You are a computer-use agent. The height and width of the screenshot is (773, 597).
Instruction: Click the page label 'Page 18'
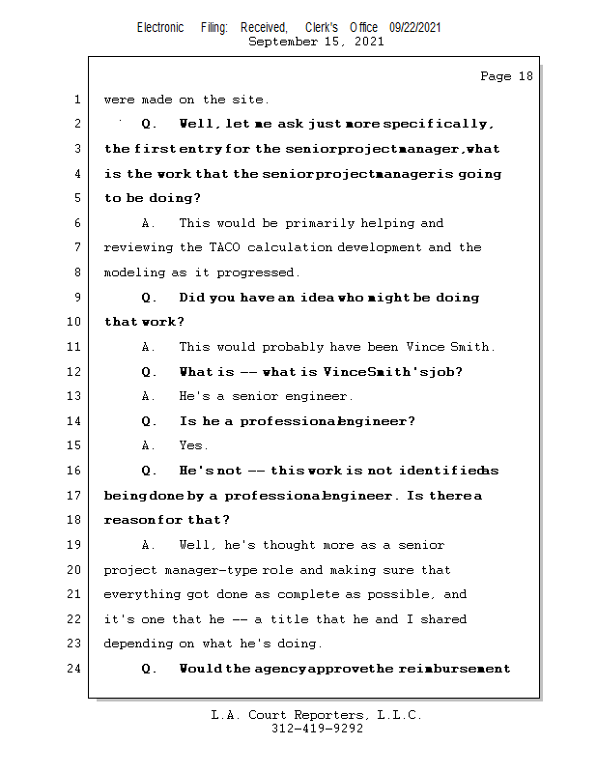(506, 76)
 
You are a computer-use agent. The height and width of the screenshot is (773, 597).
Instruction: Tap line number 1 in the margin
(76, 100)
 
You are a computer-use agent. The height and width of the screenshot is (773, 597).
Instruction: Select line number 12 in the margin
(74, 371)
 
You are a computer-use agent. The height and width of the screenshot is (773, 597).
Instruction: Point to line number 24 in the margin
(74, 668)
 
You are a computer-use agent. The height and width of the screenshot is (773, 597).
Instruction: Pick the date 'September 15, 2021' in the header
(316, 42)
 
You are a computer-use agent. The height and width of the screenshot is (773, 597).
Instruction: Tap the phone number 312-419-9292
(317, 729)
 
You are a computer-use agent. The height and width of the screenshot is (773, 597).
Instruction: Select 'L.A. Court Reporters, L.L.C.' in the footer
(317, 715)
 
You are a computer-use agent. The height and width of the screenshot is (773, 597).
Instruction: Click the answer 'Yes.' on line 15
(193, 445)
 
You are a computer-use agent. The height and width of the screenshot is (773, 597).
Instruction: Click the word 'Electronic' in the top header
(160, 28)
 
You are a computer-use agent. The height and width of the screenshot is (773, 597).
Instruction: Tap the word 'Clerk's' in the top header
(321, 28)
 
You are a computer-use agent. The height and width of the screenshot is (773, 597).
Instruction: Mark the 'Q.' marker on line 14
(149, 421)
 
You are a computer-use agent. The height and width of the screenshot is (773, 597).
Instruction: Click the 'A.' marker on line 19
(149, 545)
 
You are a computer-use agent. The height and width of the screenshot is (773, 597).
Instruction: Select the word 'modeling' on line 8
(134, 272)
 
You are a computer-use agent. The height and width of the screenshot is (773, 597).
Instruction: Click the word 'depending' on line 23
(138, 644)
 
